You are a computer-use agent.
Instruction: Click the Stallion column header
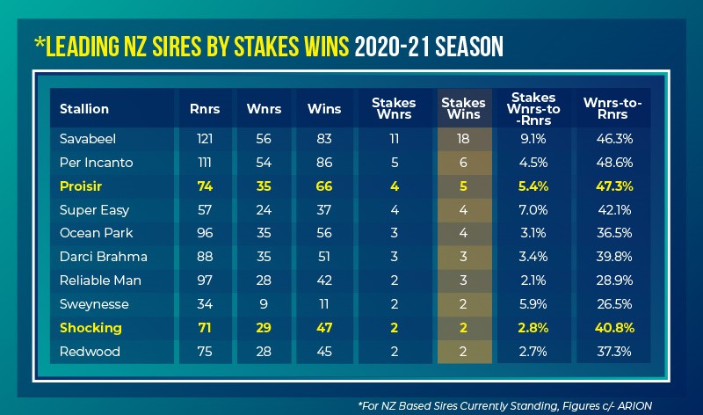click(84, 109)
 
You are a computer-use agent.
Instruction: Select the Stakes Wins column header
click(463, 109)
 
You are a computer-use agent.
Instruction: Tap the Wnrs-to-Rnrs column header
click(613, 109)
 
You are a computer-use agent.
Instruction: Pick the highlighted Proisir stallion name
click(82, 186)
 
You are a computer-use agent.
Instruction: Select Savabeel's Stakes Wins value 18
click(463, 139)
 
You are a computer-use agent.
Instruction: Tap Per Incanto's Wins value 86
click(318, 163)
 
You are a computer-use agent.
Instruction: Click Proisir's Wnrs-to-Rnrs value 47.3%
click(613, 186)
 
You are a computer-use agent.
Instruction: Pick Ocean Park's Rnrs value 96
click(205, 234)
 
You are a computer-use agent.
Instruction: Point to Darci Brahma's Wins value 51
click(318, 258)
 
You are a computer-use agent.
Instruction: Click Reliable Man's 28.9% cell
click(613, 281)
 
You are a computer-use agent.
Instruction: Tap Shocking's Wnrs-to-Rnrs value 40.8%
click(613, 328)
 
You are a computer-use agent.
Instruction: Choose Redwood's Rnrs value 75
click(205, 352)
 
